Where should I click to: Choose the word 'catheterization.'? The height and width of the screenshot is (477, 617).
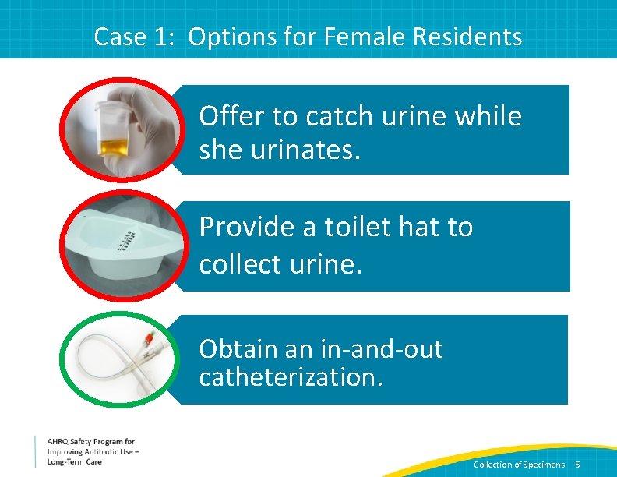pos(291,377)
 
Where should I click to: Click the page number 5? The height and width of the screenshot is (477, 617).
pos(577,465)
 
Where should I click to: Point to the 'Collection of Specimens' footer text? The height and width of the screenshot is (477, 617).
pos(519,465)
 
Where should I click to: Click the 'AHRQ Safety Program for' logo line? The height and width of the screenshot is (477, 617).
pos(90,442)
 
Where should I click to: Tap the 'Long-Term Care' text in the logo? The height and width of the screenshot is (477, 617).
pos(74,461)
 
